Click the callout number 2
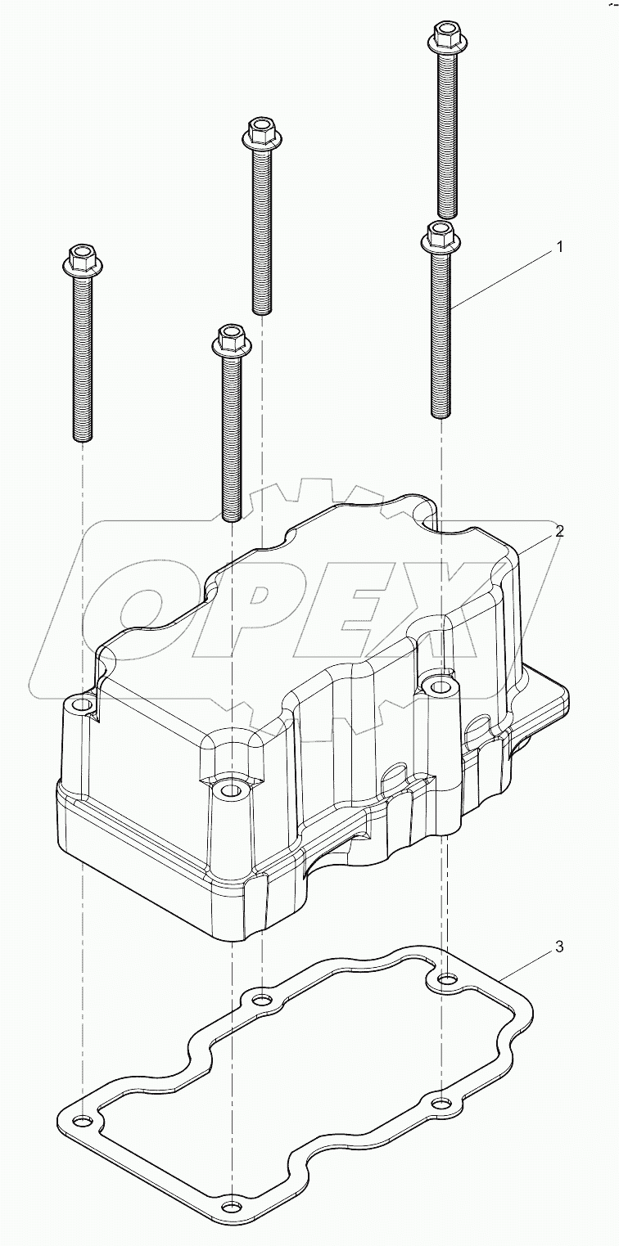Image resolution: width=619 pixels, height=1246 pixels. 559,531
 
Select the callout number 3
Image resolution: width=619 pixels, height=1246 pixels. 559,947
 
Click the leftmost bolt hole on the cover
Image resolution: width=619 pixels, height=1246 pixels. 80,703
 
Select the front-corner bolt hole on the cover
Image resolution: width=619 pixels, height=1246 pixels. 230,790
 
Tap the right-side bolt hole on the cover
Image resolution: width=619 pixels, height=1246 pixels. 441,685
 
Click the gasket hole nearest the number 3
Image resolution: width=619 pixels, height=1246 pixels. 446,978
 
